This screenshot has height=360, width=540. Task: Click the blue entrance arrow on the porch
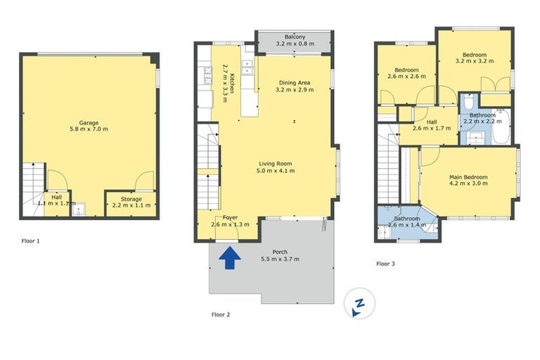click(227, 259)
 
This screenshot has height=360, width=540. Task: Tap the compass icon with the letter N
click(359, 304)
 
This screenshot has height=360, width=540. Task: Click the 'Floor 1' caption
click(30, 241)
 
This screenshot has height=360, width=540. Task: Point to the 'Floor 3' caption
click(385, 264)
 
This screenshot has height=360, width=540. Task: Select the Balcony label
click(294, 37)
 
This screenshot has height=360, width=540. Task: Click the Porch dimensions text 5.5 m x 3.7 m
click(280, 259)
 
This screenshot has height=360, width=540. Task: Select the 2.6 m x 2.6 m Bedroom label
click(406, 70)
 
